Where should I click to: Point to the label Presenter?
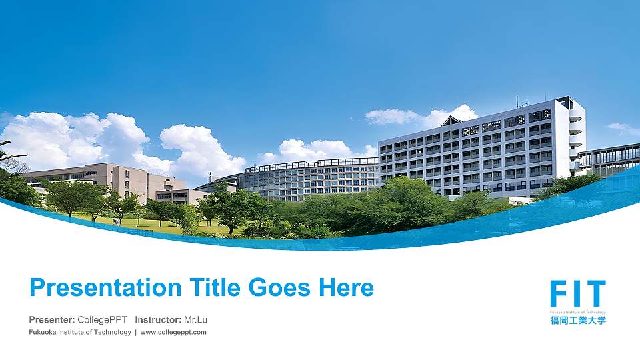pyautogui.click(x=52, y=320)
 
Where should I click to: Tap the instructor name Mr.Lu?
pyautogui.click(x=195, y=320)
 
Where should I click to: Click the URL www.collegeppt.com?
pyautogui.click(x=173, y=332)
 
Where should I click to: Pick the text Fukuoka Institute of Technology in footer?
pyautogui.click(x=80, y=332)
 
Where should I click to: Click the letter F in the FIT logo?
pyautogui.click(x=559, y=295)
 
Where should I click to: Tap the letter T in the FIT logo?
pyautogui.click(x=596, y=295)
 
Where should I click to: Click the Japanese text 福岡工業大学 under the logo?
pyautogui.click(x=578, y=321)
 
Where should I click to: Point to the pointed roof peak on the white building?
pyautogui.click(x=451, y=120)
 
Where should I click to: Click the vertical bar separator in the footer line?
pyautogui.click(x=136, y=332)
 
